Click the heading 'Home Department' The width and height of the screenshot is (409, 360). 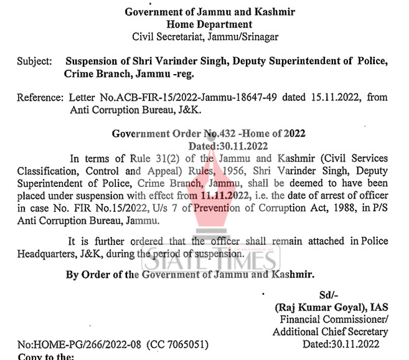209,24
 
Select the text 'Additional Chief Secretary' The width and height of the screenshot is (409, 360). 330,332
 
